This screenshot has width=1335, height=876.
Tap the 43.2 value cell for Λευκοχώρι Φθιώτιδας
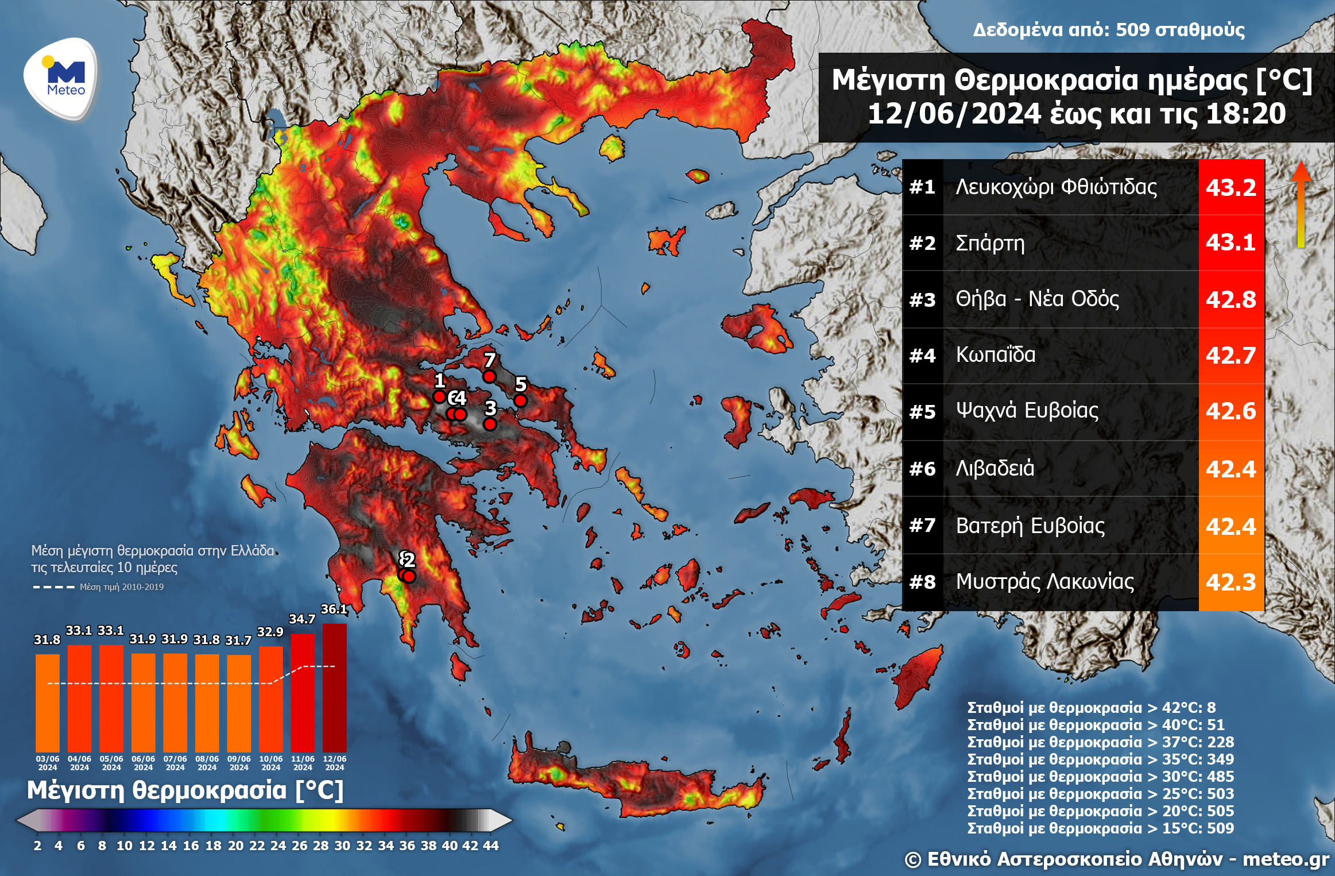pos(1230,187)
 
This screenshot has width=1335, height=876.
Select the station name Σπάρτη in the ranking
pos(990,243)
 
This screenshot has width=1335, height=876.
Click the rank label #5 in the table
pos(922,412)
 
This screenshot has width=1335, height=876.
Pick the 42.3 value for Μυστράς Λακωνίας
pos(1230,582)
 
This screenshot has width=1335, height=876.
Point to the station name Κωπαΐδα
pos(995,355)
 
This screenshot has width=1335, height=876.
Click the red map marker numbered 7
pos(489,376)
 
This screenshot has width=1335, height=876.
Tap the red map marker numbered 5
pos(520,400)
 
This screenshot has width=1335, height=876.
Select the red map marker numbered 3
pos(490,424)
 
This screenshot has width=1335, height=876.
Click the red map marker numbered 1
pos(439,396)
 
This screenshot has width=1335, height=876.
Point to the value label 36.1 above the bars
pos(334,609)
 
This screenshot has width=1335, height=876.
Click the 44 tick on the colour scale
pos(491,846)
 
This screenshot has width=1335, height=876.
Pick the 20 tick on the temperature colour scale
pos(235,846)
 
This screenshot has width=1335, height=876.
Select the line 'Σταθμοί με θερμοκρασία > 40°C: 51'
pos(1095,724)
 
